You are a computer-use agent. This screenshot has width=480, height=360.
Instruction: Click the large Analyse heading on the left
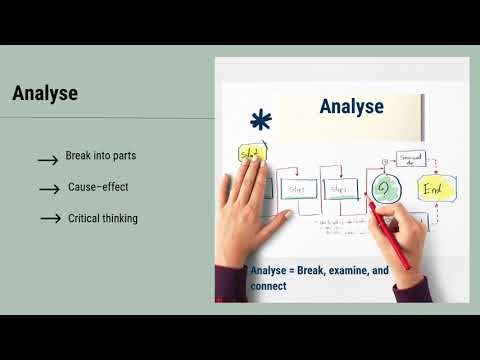click(x=45, y=95)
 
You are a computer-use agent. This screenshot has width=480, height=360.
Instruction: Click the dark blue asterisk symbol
click(x=261, y=122)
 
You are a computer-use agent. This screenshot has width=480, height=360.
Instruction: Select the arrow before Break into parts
click(x=47, y=160)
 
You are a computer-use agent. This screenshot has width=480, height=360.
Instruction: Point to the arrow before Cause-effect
click(x=49, y=189)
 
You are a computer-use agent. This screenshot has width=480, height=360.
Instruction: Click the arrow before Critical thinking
click(x=51, y=219)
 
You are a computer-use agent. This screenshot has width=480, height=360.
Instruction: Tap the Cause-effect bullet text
click(x=98, y=187)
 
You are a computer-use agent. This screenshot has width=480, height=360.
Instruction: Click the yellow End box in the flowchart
click(x=408, y=187)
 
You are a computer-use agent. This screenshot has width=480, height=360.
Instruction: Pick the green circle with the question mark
click(x=358, y=188)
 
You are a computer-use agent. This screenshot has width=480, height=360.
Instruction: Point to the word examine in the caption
click(x=348, y=269)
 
